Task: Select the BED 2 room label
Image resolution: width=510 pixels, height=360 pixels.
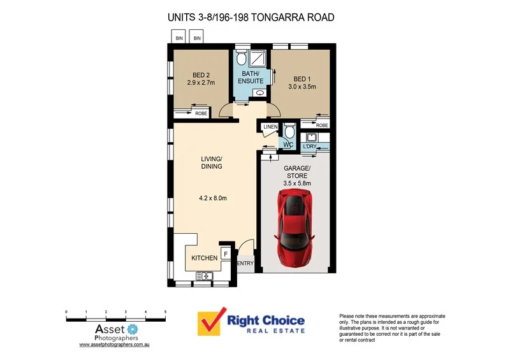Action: coord(200,78)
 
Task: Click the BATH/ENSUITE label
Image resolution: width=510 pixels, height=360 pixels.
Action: coord(251,77)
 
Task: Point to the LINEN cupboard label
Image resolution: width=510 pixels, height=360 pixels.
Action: coord(269,127)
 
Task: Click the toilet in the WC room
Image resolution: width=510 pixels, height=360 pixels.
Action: coord(289,134)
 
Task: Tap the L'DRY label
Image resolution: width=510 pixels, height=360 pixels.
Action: coord(310,147)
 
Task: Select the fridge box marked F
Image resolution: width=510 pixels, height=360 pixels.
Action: coord(226,254)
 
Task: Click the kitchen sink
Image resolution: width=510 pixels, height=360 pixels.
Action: coord(204,275)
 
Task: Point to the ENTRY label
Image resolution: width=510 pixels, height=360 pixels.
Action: coord(245,263)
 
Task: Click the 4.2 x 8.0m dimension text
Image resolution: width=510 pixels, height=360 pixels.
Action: coord(213,198)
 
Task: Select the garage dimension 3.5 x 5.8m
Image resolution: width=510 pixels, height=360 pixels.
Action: coord(296,184)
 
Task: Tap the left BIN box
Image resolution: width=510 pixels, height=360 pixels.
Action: coord(179,39)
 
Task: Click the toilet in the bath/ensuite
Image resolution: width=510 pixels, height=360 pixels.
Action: coord(240,60)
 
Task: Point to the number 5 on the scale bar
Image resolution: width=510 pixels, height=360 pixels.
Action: coord(166,312)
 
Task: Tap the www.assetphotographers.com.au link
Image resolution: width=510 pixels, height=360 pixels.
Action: coord(114,344)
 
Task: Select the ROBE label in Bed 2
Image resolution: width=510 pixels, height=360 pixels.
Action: coord(201,113)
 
